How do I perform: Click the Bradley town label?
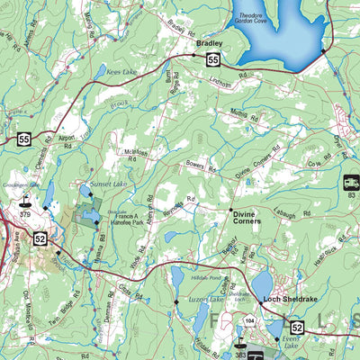click(209, 42)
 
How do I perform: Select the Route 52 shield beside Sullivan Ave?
click(40, 238)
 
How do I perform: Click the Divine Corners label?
click(245, 219)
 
